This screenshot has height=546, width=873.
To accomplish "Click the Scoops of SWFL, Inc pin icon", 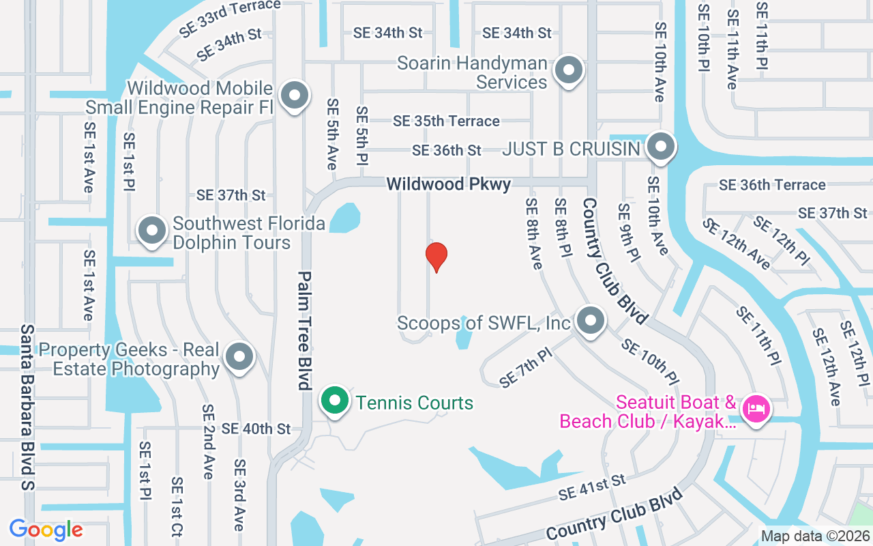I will [x=590, y=320].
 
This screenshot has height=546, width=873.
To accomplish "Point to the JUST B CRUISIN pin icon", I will [x=660, y=147].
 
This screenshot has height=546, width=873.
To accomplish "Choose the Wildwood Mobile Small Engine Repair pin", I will [x=295, y=96].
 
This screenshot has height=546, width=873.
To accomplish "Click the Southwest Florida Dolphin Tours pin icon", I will [x=152, y=231].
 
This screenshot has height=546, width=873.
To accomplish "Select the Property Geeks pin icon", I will [x=239, y=356].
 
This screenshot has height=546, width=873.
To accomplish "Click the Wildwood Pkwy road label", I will [x=448, y=184].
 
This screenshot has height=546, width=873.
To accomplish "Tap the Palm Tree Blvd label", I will [x=304, y=331].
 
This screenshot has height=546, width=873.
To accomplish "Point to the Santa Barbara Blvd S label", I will [x=27, y=407].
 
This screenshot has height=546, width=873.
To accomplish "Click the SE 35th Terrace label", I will [x=446, y=121].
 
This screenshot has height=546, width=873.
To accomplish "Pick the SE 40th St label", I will [x=256, y=429].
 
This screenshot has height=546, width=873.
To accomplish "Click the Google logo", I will [x=46, y=530].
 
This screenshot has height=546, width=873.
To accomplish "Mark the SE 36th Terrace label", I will [x=772, y=185].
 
